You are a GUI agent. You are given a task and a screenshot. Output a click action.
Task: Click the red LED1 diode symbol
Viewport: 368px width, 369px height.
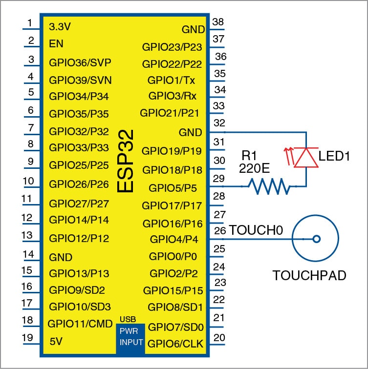pyautogui.click(x=305, y=158)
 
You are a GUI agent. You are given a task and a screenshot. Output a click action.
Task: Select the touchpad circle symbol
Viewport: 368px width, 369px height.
pyautogui.click(x=316, y=239)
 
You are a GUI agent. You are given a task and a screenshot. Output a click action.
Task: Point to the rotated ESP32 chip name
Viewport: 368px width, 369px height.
pyautogui.click(x=126, y=161)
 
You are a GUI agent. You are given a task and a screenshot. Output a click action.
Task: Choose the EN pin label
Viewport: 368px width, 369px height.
pyautogui.click(x=56, y=43)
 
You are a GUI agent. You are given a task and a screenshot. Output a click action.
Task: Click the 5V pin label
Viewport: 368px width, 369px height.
pyautogui.click(x=57, y=342)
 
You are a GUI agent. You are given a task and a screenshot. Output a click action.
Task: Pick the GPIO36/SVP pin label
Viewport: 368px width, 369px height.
pyautogui.click(x=80, y=62)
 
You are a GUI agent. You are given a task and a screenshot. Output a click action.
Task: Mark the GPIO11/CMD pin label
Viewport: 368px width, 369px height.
pyautogui.click(x=80, y=324)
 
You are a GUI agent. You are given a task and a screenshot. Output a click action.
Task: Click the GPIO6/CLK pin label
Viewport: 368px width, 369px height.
pyautogui.click(x=175, y=344)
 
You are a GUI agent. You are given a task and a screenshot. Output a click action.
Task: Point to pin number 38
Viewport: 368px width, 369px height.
pyautogui.click(x=218, y=22)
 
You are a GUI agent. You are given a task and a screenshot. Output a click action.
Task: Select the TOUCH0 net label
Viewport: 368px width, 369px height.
pyautogui.click(x=256, y=229)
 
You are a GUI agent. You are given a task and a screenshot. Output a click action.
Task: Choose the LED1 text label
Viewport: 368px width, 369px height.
pyautogui.click(x=335, y=157)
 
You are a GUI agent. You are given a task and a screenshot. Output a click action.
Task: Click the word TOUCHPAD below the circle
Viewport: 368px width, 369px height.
pyautogui.click(x=309, y=275)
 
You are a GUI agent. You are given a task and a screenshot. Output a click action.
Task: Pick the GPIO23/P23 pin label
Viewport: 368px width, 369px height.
pyautogui.click(x=172, y=47)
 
